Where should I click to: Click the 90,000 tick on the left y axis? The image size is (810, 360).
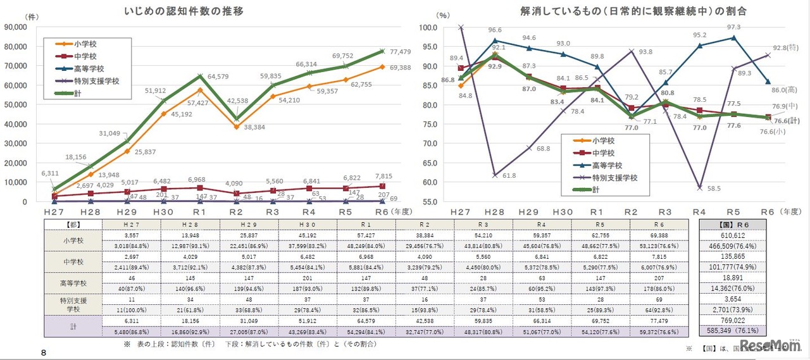point(22,27)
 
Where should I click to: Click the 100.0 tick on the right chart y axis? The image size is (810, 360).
point(437,27)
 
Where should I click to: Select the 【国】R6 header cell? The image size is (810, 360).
point(733,225)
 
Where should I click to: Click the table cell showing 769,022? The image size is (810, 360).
point(733,321)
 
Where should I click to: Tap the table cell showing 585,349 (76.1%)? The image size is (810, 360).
point(733,330)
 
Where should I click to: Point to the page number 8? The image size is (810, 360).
point(43,352)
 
